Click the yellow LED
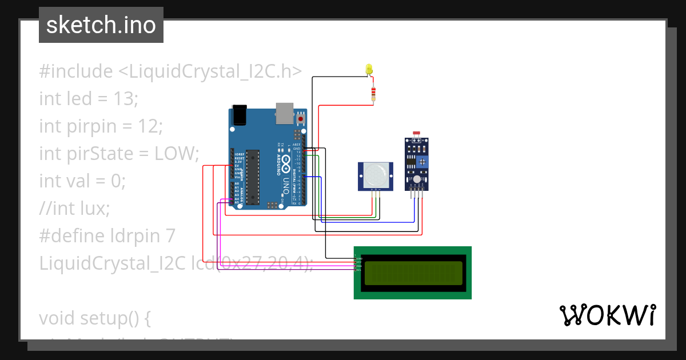coord(369,69)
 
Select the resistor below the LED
coord(373,93)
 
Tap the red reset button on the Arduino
coord(301,119)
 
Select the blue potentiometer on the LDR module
coord(422,162)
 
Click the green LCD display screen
coord(413,273)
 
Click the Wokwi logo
coord(607,315)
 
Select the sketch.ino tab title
coord(101,25)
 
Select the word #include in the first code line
coord(76,71)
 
